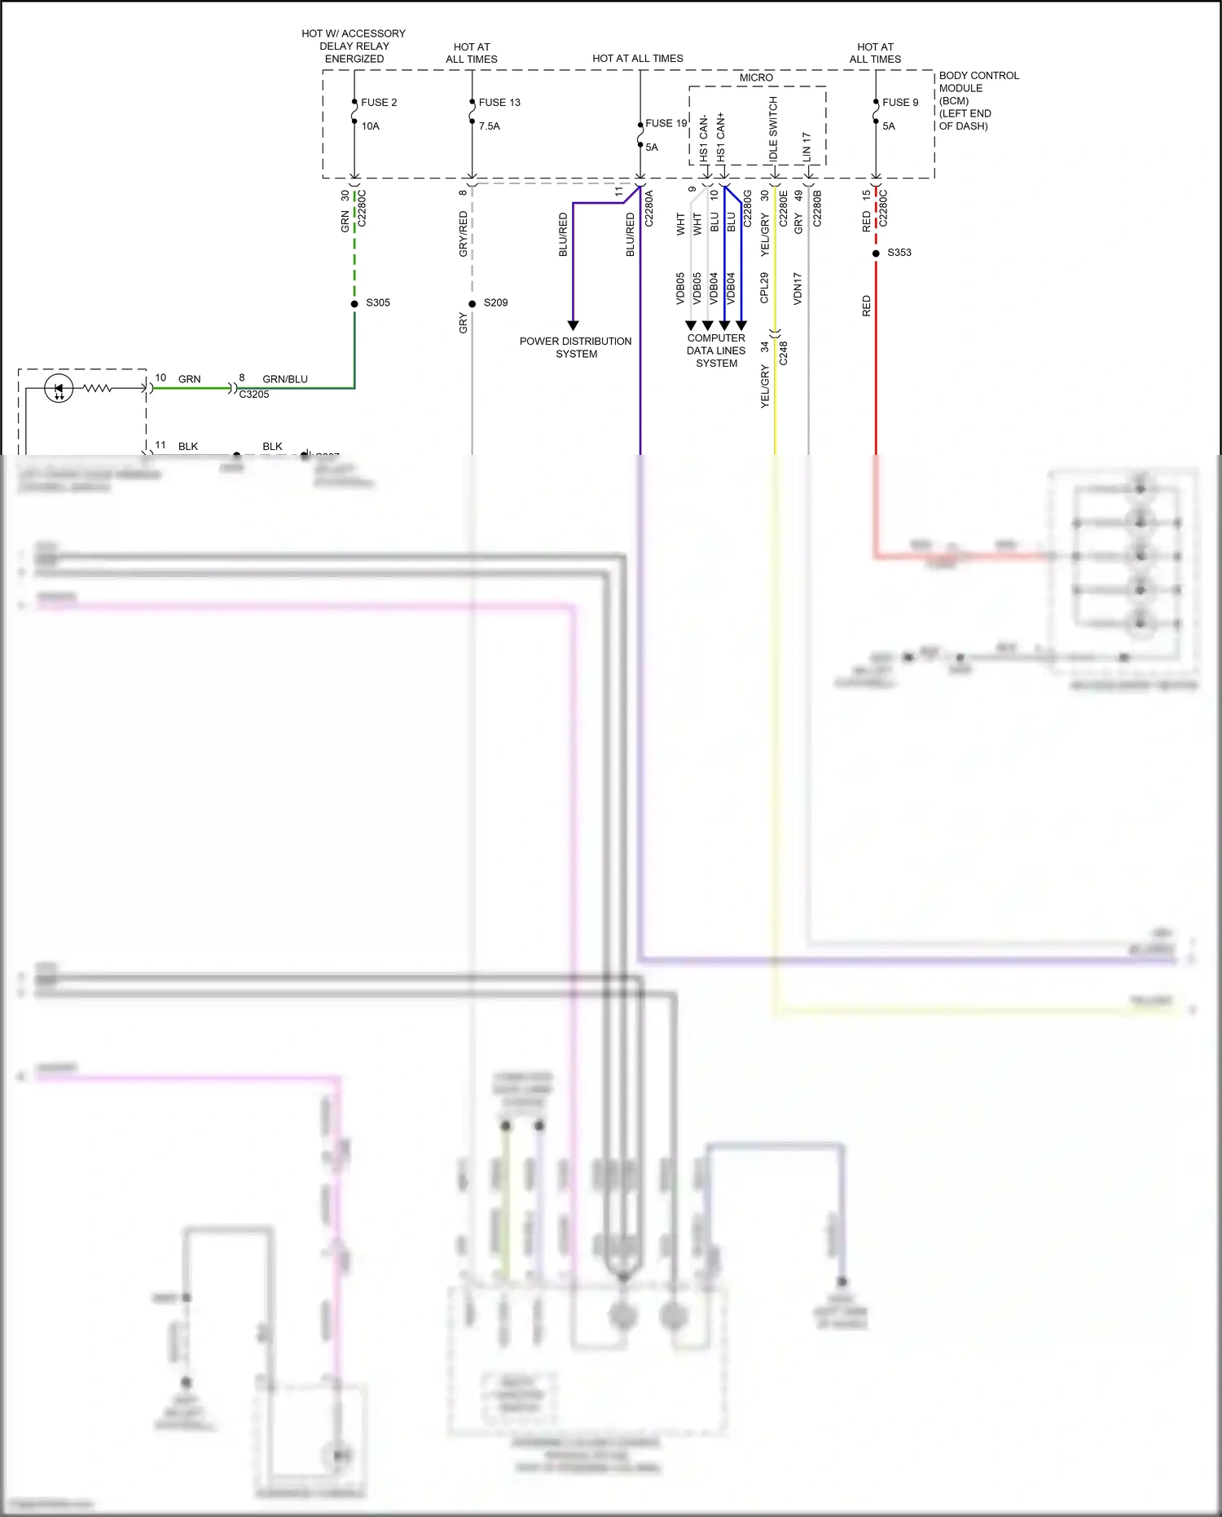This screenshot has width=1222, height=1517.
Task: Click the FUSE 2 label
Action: coord(379,103)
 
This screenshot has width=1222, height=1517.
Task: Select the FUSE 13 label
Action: coord(499,103)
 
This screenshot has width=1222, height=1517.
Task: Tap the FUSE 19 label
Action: coord(666,124)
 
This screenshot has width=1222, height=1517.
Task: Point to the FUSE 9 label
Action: coord(900,103)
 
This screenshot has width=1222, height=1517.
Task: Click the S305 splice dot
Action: coord(354,304)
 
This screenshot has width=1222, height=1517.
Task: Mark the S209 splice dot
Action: coord(473,304)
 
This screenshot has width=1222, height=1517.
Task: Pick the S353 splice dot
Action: coord(876,254)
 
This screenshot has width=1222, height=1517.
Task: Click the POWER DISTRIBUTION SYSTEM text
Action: coord(576,347)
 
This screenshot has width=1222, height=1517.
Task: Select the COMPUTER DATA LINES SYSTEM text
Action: coord(716,351)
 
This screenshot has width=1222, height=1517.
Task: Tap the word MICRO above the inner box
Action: coord(756,77)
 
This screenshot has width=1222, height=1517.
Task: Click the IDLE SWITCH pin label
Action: coord(773,128)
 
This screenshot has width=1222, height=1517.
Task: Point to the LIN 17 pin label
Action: coord(807,145)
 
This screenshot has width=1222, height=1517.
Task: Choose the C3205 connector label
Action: coord(254,395)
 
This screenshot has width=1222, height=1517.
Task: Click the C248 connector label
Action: coord(783,353)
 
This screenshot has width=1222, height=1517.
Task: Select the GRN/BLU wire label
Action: coord(285,379)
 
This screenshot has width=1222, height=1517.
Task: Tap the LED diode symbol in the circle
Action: coord(59,389)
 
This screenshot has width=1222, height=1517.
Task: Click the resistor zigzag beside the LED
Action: coord(98,389)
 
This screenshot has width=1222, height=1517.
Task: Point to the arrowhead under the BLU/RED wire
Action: coord(573,325)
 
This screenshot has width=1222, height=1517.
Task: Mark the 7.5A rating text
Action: coord(490,126)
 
